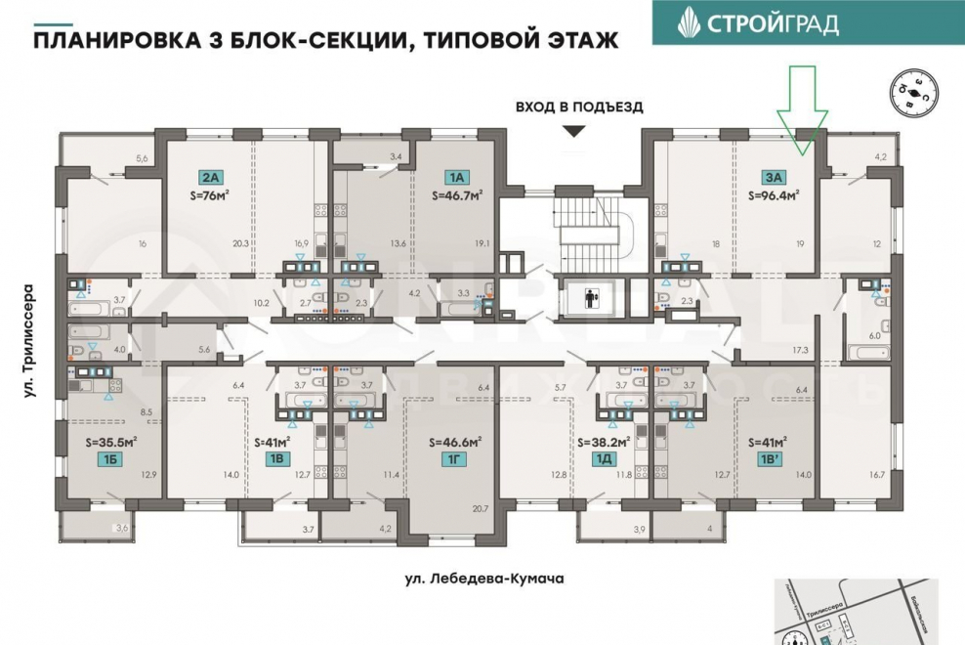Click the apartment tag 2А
click(x=210, y=177)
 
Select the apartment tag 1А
click(x=457, y=177)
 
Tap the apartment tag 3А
click(x=775, y=177)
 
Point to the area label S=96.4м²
click(x=775, y=194)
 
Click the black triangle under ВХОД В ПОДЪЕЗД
click(x=574, y=131)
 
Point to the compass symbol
click(x=909, y=92)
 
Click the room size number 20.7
click(x=479, y=508)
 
